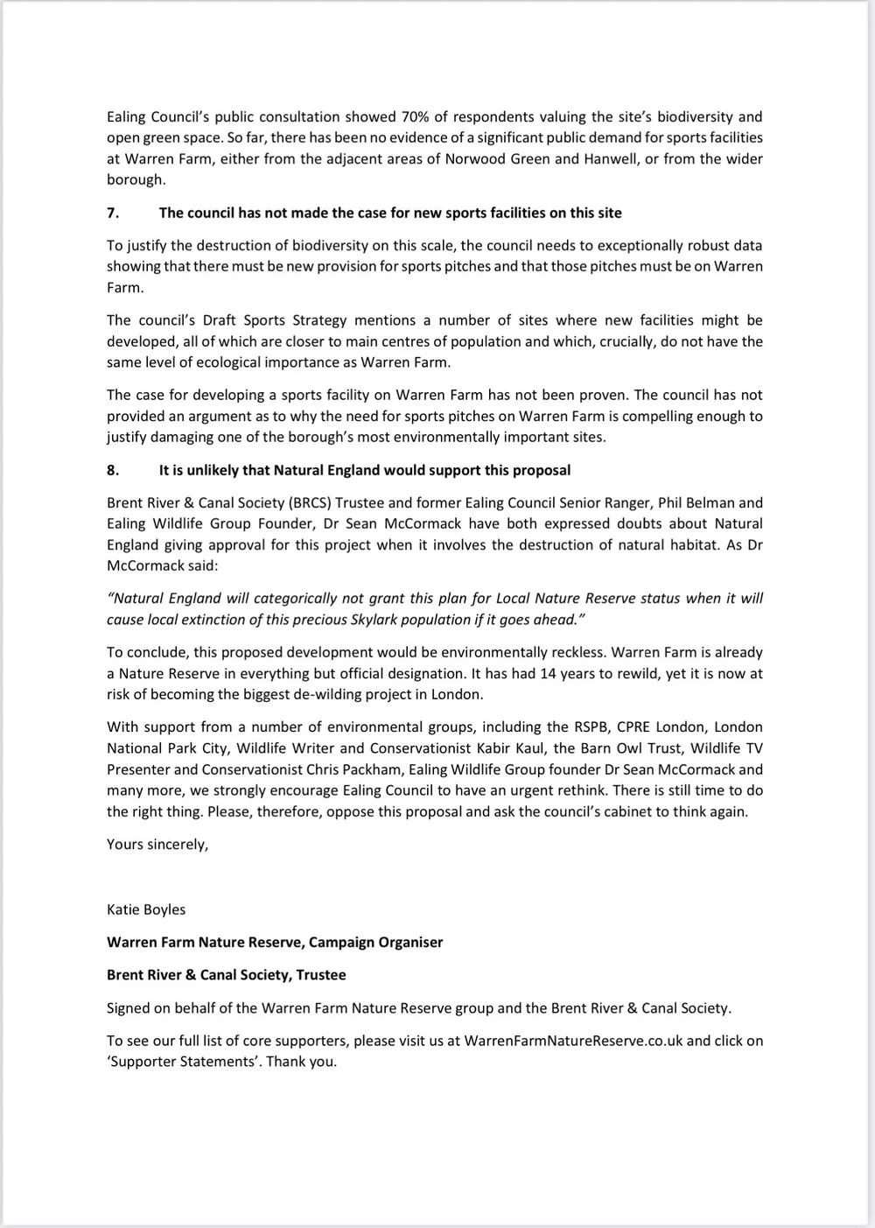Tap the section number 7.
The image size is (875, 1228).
tap(113, 213)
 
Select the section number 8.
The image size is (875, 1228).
tap(113, 470)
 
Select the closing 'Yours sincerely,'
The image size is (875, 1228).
tap(157, 844)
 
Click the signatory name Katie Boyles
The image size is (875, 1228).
tap(146, 909)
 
